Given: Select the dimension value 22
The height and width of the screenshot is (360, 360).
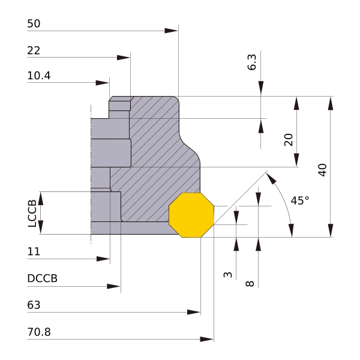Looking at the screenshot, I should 34,52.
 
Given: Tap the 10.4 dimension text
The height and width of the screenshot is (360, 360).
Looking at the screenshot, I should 39,76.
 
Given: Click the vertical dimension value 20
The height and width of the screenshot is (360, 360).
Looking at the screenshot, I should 288,139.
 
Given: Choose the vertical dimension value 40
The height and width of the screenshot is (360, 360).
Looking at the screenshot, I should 322,170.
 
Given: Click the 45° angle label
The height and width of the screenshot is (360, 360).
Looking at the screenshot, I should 300,200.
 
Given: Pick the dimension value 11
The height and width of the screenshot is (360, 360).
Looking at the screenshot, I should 34,252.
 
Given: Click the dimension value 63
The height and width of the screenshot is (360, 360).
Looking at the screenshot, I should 34,305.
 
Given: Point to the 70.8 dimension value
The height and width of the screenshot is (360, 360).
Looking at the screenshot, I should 39,332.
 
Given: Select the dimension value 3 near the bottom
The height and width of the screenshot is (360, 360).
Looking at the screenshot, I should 227,274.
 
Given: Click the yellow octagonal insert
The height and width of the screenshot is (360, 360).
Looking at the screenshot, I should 191,215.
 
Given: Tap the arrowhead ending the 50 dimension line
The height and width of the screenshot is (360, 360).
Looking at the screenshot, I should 172,29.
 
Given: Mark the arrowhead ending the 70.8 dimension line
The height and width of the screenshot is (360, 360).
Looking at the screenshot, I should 207,340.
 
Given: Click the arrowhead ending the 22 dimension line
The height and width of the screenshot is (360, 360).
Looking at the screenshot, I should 124,58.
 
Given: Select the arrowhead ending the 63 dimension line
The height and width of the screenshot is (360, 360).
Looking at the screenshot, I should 194,312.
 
